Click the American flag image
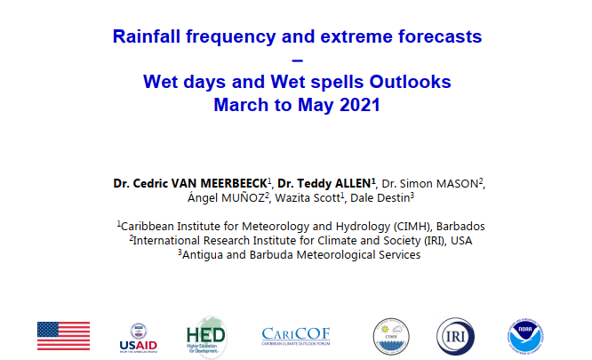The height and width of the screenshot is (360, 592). pyautogui.click(x=63, y=336)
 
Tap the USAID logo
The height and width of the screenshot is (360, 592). pyautogui.click(x=138, y=338)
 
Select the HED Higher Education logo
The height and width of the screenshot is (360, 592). pyautogui.click(x=206, y=336)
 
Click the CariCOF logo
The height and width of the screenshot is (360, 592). pyautogui.click(x=296, y=336)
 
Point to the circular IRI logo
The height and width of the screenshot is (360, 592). pyautogui.click(x=455, y=336)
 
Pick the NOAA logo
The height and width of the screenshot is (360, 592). pyautogui.click(x=525, y=336)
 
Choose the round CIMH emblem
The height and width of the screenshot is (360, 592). pyautogui.click(x=391, y=336)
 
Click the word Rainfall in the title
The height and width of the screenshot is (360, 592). pyautogui.click(x=147, y=36)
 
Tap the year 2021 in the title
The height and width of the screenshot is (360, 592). pyautogui.click(x=360, y=105)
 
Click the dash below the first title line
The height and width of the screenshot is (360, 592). pyautogui.click(x=298, y=60)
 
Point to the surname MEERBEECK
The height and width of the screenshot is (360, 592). pyautogui.click(x=234, y=183)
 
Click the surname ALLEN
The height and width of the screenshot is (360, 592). pyautogui.click(x=351, y=183)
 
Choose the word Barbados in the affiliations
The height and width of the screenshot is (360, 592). pyautogui.click(x=460, y=227)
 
